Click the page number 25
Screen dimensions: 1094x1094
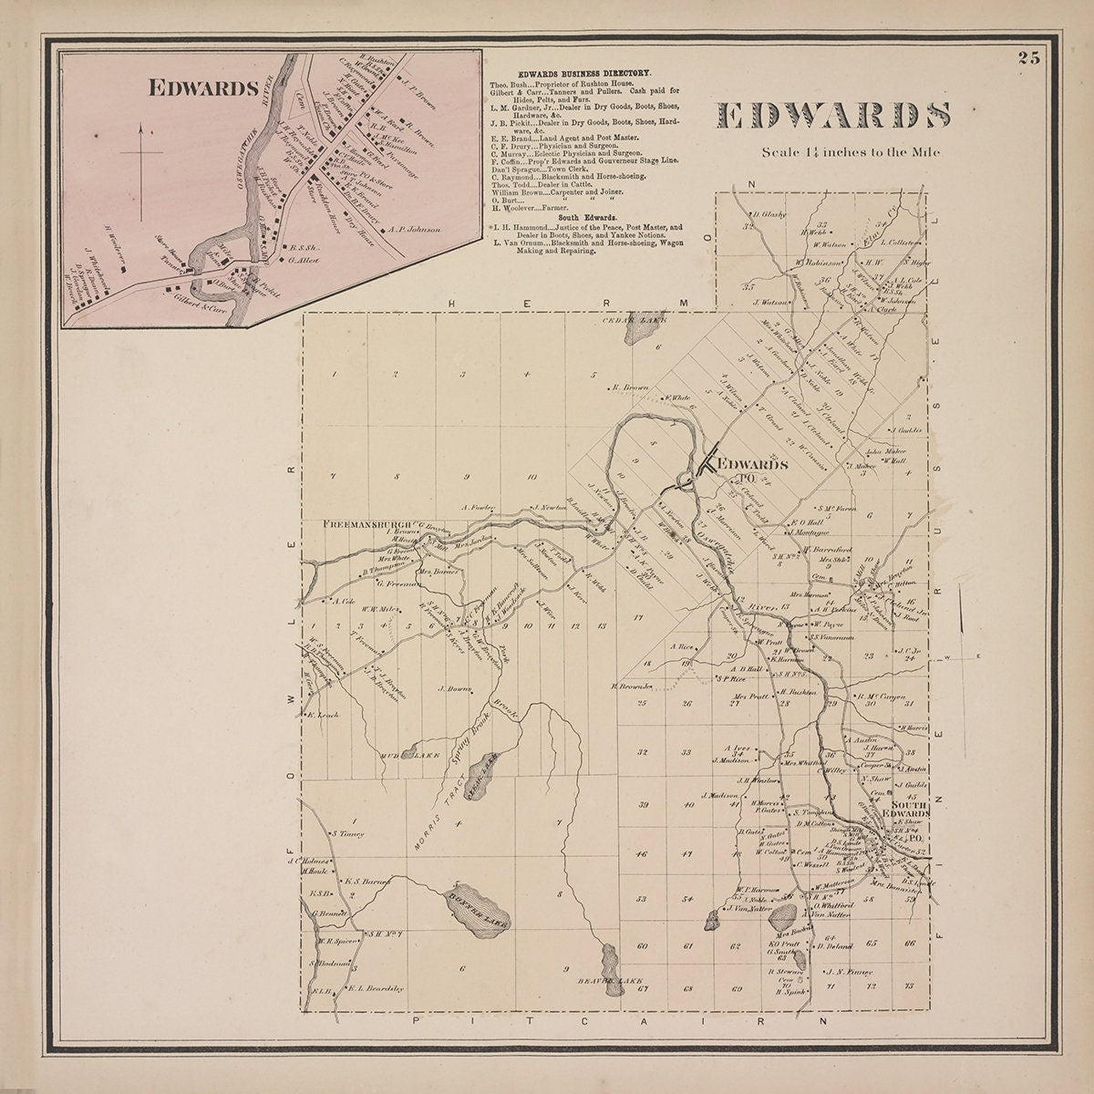pyautogui.click(x=1029, y=59)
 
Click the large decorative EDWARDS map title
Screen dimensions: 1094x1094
pyautogui.click(x=833, y=116)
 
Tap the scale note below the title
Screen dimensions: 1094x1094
pyautogui.click(x=850, y=152)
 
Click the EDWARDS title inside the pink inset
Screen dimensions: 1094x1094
pyautogui.click(x=201, y=88)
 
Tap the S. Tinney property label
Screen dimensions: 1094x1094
pyautogui.click(x=348, y=832)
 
